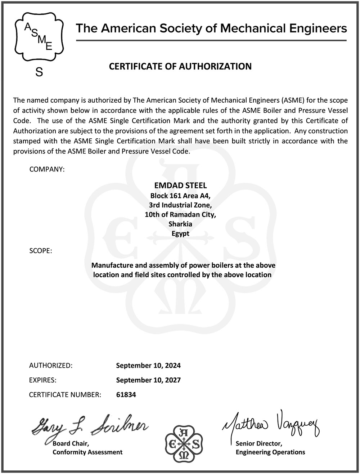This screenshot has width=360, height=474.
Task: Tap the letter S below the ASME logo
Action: (39, 72)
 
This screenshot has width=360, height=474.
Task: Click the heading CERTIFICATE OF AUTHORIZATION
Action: (180, 66)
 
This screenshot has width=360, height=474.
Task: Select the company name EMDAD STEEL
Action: (180, 186)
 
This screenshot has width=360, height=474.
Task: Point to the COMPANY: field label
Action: (47, 169)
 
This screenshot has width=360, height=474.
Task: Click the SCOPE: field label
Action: (41, 251)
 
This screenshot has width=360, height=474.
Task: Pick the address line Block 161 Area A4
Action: (180, 196)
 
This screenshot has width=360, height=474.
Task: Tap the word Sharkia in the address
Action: (180, 224)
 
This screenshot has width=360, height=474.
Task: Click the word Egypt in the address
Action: (180, 233)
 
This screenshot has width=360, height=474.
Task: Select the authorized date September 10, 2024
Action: (148, 366)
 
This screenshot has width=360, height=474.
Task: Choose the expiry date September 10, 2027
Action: (148, 380)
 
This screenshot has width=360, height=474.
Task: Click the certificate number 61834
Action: (126, 395)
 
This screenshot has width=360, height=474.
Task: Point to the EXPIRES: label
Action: (43, 380)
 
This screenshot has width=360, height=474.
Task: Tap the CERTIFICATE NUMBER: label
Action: (65, 395)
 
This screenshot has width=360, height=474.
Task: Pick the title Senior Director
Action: (259, 444)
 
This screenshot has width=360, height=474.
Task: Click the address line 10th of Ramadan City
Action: (180, 215)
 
